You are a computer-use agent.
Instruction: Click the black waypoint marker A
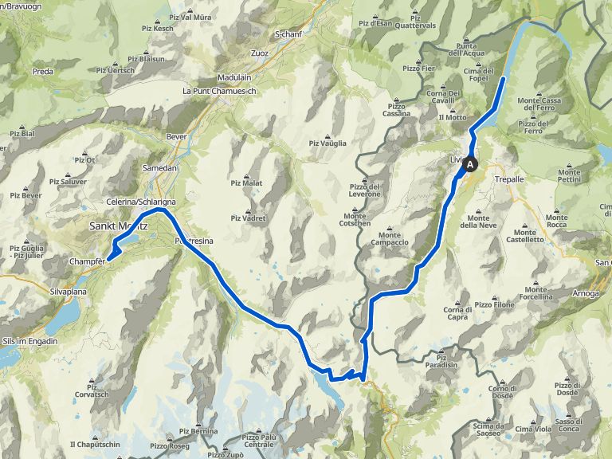point(471,165)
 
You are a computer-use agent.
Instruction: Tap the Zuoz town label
point(260,53)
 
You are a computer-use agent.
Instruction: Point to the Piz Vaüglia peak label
point(328,143)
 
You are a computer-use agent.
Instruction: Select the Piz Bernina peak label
point(198,431)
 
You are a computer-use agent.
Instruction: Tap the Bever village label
point(176,136)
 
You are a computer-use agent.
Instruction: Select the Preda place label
point(42,72)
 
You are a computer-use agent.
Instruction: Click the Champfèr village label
point(86,261)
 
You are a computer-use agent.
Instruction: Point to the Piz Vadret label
point(247,218)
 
